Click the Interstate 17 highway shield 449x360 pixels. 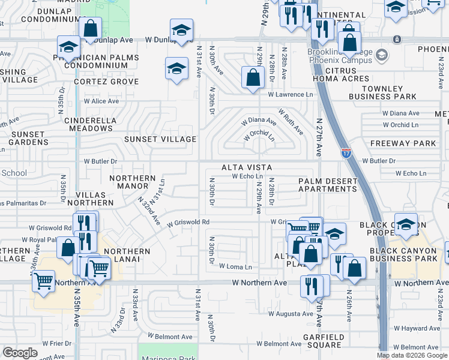346,153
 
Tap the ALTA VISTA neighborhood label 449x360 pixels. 247,167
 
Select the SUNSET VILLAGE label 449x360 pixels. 160,139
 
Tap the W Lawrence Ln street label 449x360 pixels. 291,95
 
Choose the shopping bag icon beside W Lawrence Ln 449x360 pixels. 253,77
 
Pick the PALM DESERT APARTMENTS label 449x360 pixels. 327,185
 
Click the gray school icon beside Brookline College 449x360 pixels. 381,56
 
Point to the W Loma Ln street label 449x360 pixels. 235,266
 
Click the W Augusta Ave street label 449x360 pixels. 291,313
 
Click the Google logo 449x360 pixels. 20,353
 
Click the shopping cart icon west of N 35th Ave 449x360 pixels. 44,281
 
